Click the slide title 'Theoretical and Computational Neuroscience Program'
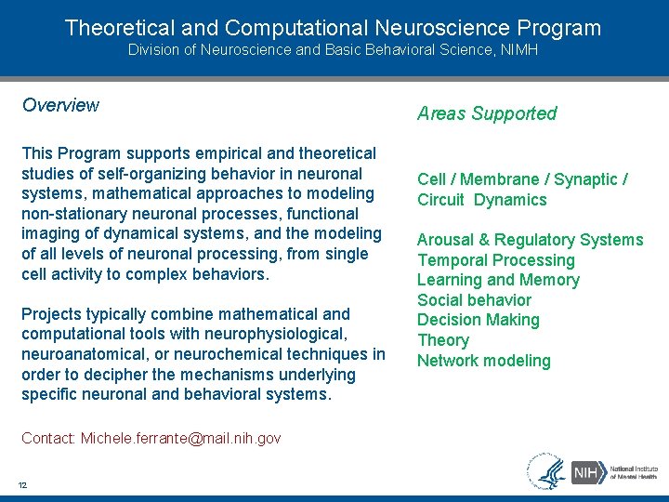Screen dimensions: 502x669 [x=334, y=28]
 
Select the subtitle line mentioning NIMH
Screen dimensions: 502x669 [x=334, y=50]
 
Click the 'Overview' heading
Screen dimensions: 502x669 [x=60, y=105]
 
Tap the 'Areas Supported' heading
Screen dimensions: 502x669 [x=487, y=113]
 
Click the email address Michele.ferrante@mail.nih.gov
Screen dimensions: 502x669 [x=180, y=438]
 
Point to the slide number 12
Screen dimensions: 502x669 [x=22, y=483]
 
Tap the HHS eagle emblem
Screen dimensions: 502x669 [x=546, y=471]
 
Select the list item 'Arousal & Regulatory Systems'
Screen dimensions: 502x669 [x=530, y=240]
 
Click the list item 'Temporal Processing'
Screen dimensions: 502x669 [x=496, y=260]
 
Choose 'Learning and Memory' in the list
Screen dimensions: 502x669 [x=498, y=280]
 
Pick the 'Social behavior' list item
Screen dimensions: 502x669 [x=474, y=300]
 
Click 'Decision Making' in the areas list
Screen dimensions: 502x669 [x=478, y=320]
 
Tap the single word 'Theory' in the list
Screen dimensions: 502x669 [x=443, y=340]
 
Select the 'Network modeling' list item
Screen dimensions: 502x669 [x=483, y=361]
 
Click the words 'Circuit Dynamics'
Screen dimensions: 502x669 [x=482, y=200]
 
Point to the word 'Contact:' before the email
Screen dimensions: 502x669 [x=49, y=438]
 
